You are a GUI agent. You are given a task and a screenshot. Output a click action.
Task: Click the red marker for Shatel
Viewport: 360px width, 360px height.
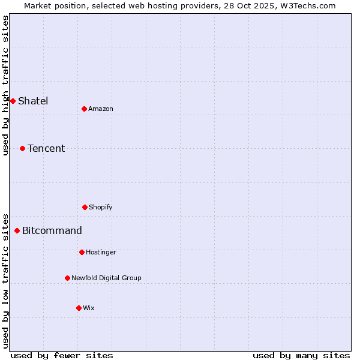(13, 101)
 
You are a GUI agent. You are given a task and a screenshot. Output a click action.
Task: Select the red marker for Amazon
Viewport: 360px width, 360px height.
(84, 109)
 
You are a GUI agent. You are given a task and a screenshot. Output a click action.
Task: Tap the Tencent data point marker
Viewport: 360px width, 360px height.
(22, 148)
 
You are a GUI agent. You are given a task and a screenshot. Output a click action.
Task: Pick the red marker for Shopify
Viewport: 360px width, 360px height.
(85, 207)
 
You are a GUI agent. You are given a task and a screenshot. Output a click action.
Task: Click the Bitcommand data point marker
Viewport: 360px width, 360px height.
(17, 230)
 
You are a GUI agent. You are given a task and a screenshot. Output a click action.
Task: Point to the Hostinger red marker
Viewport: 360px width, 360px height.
(82, 252)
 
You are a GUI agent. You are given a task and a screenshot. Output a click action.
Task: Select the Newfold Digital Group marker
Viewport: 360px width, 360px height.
(67, 278)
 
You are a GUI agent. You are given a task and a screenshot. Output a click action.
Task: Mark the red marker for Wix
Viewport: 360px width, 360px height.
(79, 308)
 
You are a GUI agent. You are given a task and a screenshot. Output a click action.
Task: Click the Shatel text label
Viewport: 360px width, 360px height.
(33, 101)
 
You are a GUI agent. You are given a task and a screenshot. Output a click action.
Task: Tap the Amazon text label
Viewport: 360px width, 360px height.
(101, 109)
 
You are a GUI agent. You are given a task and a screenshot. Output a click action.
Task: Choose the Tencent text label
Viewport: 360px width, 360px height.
(46, 148)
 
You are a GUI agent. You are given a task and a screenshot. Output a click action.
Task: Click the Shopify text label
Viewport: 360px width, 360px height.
(101, 207)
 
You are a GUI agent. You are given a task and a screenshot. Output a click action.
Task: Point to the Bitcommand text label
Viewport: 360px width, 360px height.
(52, 230)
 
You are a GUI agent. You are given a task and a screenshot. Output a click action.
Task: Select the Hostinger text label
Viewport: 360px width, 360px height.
(101, 252)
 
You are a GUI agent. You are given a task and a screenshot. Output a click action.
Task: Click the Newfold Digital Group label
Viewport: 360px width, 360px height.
(106, 278)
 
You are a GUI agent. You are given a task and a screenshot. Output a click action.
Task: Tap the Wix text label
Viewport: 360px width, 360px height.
(89, 308)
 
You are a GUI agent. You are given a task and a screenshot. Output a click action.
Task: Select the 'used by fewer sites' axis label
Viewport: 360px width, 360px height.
(62, 355)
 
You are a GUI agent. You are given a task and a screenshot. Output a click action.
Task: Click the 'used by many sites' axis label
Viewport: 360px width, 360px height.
(301, 355)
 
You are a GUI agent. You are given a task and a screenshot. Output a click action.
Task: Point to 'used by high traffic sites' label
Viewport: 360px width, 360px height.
(5, 85)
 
